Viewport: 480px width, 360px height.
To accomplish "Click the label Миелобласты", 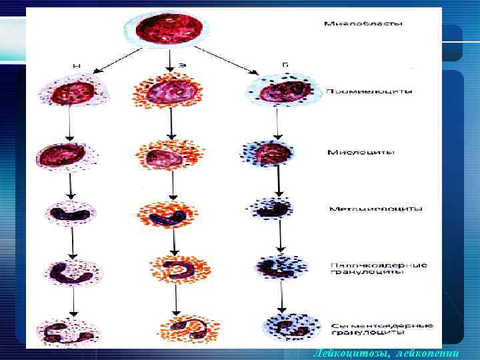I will (363, 25).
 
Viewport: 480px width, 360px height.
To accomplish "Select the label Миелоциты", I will (361, 152).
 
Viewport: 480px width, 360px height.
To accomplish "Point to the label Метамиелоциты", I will (375, 209).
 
